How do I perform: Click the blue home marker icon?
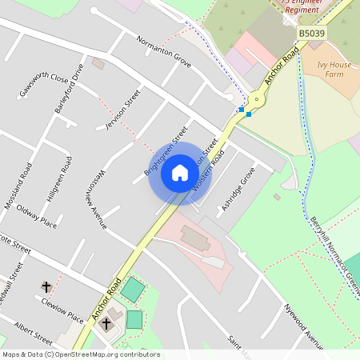point(180,173)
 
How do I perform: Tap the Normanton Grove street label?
point(163,50)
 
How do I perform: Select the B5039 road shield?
point(313,33)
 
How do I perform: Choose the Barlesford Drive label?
point(69,88)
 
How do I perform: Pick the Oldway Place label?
point(37,218)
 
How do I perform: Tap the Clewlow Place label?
point(63,308)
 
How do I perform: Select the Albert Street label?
point(33,331)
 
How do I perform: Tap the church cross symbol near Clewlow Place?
point(46,286)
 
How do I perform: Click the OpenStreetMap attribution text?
point(80,354)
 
